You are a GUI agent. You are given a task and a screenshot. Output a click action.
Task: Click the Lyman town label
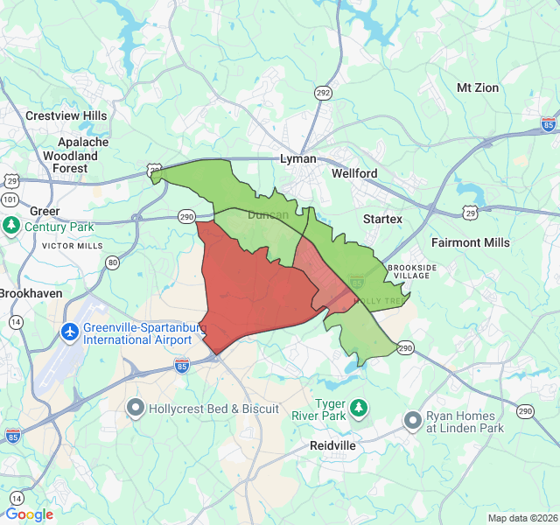(x=297, y=159)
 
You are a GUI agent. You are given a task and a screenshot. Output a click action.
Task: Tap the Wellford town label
(x=354, y=173)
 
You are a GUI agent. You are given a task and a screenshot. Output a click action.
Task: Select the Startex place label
(x=382, y=218)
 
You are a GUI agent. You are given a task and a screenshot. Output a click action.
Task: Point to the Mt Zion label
(x=478, y=88)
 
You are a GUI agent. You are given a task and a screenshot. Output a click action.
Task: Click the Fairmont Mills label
(x=470, y=242)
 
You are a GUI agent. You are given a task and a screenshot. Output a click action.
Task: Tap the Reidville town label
(x=332, y=445)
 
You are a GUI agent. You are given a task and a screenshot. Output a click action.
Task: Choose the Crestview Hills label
(x=66, y=115)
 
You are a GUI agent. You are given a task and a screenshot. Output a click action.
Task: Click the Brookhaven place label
(x=31, y=293)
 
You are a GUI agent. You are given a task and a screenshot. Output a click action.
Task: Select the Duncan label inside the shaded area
(x=268, y=214)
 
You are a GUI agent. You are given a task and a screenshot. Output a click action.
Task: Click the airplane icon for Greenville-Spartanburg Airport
(x=70, y=332)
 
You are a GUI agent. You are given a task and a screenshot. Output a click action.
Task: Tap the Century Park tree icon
(x=11, y=227)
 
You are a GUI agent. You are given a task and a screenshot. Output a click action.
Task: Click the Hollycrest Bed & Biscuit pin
(x=136, y=408)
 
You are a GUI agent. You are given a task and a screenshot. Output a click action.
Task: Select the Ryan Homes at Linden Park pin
(x=413, y=422)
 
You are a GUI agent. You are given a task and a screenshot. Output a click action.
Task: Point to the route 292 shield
(x=324, y=93)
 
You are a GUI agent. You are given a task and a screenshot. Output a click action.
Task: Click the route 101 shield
(x=10, y=199)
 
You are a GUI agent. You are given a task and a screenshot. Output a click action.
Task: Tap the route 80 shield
(x=112, y=262)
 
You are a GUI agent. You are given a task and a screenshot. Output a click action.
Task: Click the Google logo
(x=30, y=514)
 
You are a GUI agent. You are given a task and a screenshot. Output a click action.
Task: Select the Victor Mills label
(x=72, y=246)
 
